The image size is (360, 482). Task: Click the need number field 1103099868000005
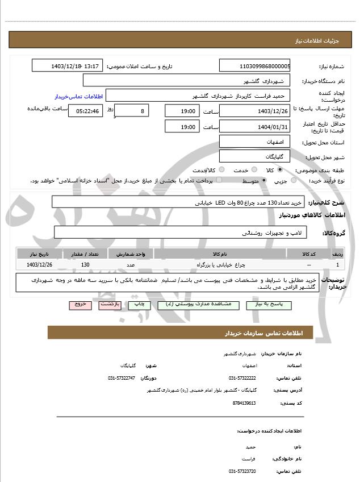click(254, 66)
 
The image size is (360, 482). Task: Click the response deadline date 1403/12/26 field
click(254, 110)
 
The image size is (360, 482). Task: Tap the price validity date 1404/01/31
click(254, 126)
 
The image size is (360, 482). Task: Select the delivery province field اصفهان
click(254, 142)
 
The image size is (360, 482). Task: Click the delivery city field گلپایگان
click(254, 156)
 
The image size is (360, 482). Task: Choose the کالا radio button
click(279, 169)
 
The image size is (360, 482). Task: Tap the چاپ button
click(139, 305)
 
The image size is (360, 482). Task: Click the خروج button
click(80, 305)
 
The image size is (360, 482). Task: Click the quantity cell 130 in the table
click(85, 265)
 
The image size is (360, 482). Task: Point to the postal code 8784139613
click(244, 403)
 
